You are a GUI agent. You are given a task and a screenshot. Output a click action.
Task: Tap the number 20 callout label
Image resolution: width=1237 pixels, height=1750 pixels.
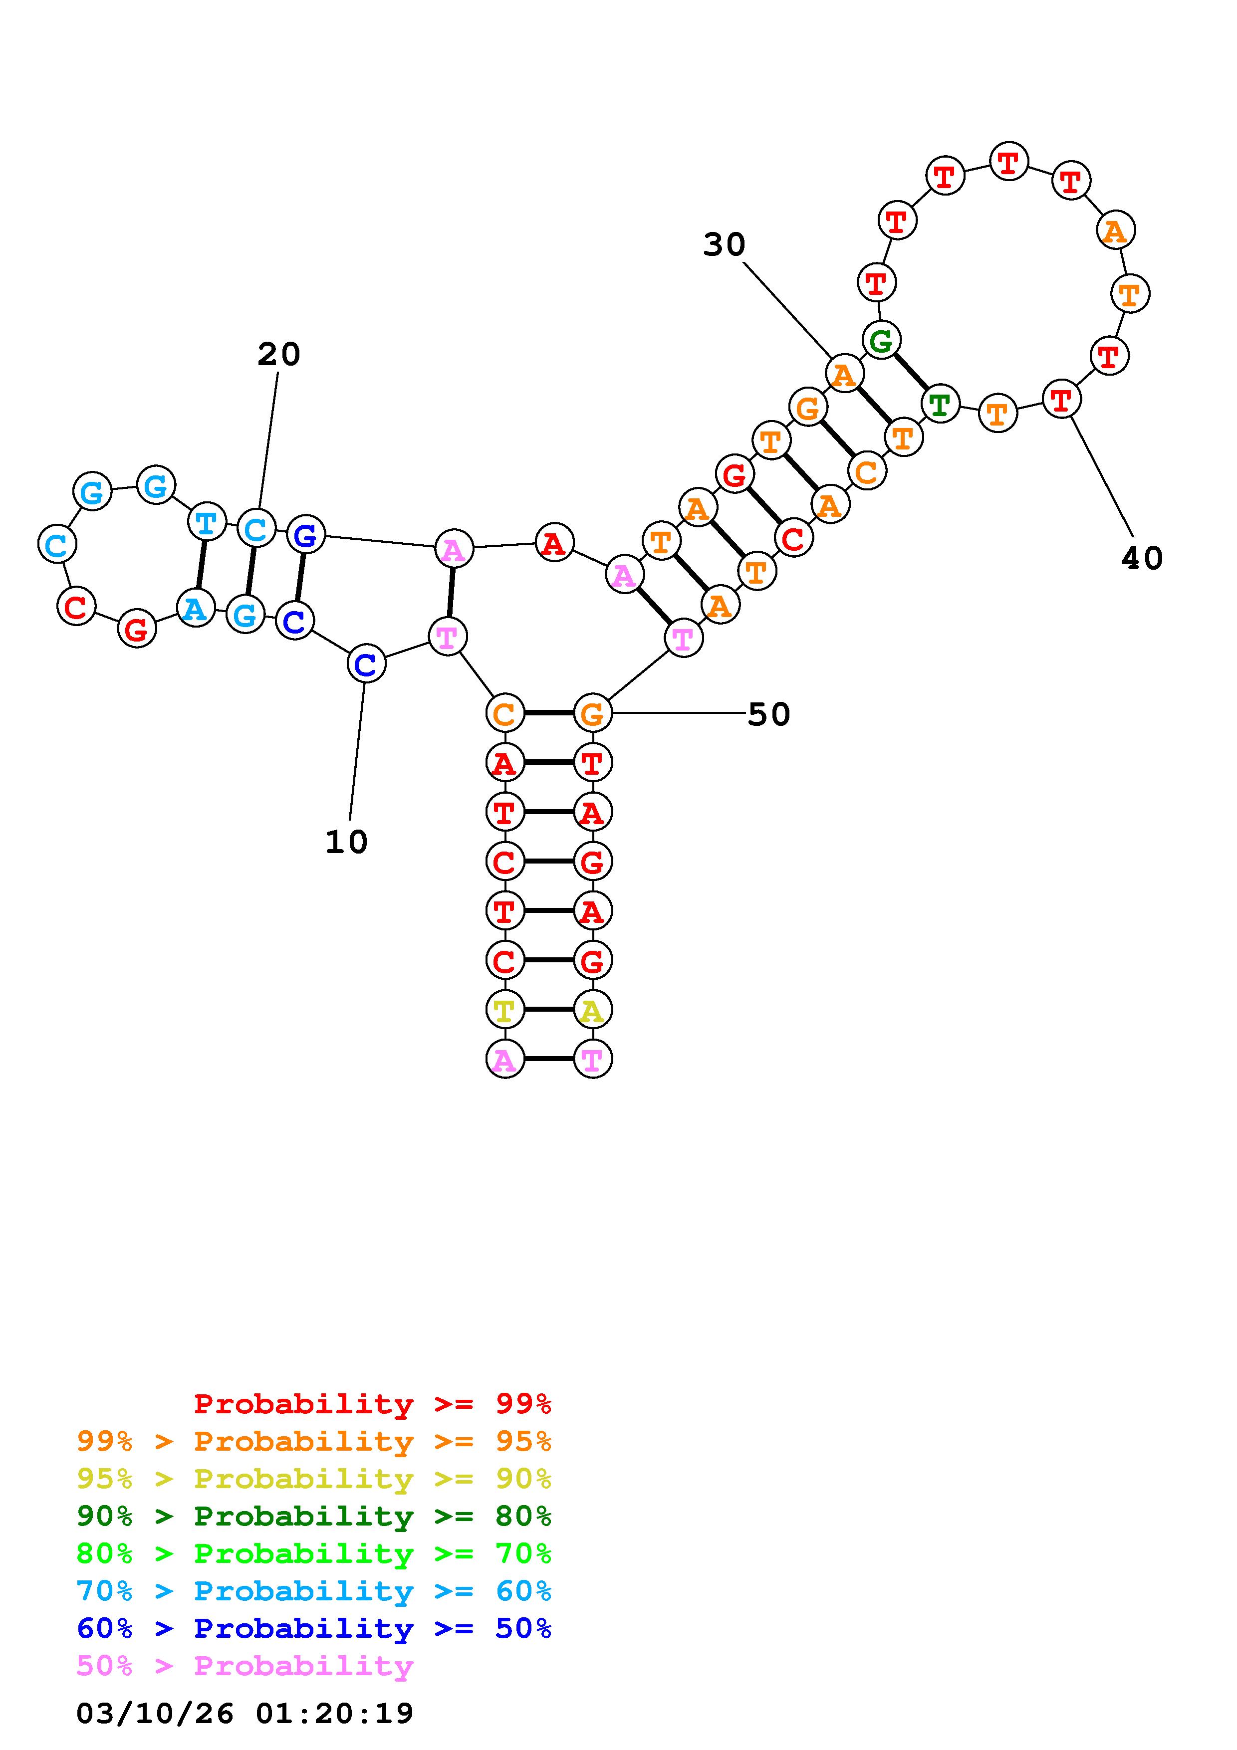click(279, 354)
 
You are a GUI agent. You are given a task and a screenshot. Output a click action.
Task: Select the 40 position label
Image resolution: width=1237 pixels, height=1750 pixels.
click(1142, 559)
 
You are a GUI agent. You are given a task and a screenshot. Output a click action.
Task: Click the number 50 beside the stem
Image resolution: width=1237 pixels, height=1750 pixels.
click(768, 714)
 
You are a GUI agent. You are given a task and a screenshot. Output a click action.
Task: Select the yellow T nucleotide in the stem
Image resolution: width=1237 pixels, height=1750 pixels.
click(504, 1011)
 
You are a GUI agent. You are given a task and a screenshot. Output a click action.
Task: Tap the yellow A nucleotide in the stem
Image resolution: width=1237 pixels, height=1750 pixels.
click(592, 1011)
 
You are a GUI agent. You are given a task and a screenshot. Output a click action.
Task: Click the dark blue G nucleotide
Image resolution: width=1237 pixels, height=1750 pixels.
click(305, 535)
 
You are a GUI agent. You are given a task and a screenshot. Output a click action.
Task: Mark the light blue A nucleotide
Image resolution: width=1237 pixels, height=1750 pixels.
click(195, 608)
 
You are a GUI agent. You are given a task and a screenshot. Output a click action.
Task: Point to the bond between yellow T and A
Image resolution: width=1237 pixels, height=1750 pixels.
click(548, 1010)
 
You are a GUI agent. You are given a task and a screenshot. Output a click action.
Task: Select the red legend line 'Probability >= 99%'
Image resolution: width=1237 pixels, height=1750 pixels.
click(373, 1404)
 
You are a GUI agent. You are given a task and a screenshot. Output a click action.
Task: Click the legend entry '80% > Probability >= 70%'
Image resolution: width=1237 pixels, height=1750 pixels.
click(314, 1553)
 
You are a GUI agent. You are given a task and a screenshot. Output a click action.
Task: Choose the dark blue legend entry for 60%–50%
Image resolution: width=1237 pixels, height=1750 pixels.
click(314, 1628)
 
